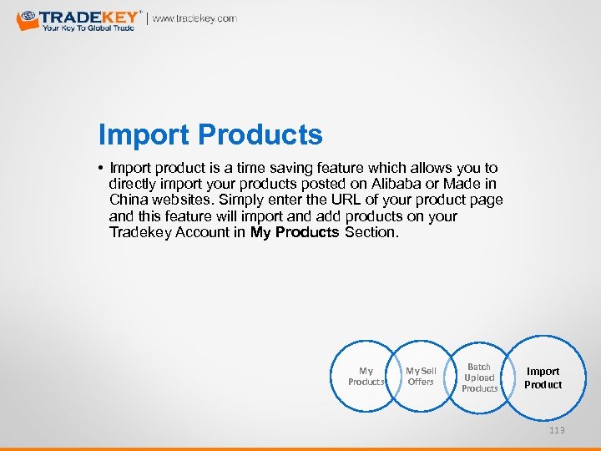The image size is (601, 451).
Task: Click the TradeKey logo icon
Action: (x=27, y=18)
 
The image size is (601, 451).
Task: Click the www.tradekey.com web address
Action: (x=194, y=18)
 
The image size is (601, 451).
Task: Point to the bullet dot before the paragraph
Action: (x=101, y=169)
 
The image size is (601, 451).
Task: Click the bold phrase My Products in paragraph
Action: (x=294, y=232)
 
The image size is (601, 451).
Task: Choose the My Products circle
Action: (x=366, y=377)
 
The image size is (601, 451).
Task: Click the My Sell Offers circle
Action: (x=421, y=377)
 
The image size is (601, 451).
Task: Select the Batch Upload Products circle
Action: (x=479, y=378)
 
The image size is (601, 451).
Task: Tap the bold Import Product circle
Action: (x=543, y=378)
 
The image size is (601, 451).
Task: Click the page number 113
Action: (x=557, y=429)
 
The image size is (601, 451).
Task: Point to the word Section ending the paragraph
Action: (x=371, y=232)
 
